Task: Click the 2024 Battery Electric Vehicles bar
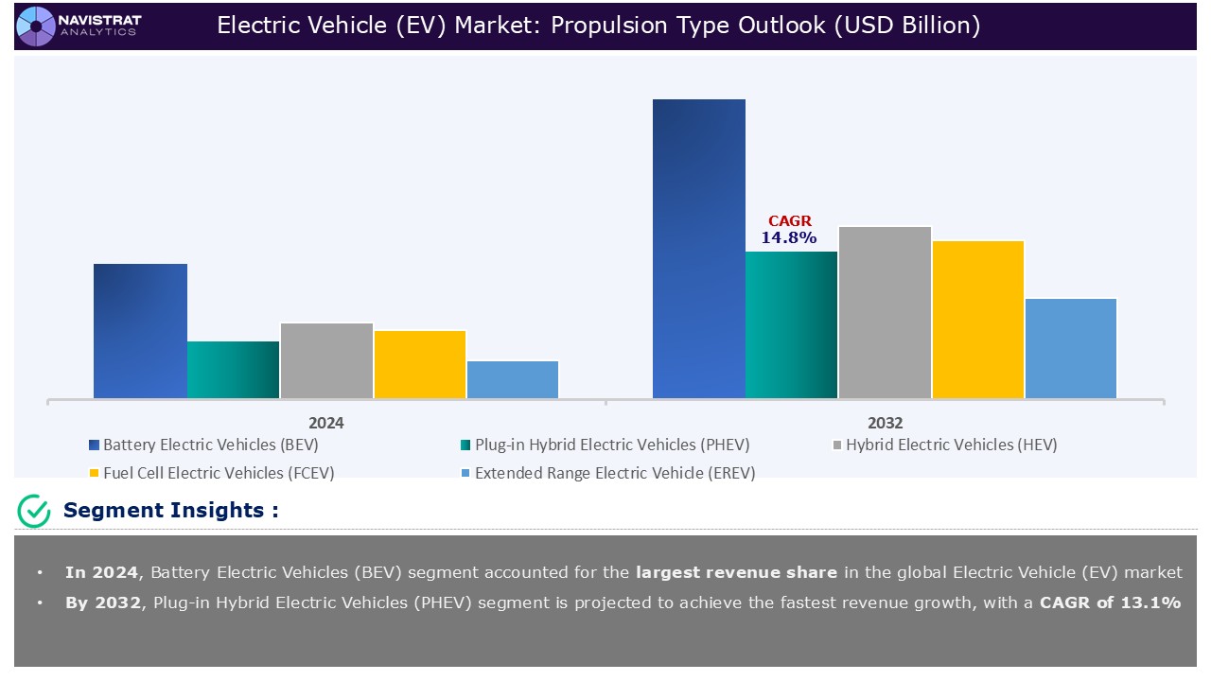click(140, 331)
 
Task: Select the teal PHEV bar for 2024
click(233, 370)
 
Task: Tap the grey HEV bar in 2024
click(326, 360)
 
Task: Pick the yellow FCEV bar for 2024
click(420, 364)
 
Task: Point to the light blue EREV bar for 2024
click(513, 379)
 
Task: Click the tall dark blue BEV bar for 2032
click(699, 249)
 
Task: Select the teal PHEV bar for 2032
click(792, 324)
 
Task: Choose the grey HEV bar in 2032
click(885, 312)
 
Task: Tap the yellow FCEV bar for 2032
click(978, 320)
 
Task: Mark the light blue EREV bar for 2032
click(1071, 348)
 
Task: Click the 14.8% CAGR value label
click(789, 238)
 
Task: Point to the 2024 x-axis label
click(326, 423)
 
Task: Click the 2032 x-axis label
click(885, 423)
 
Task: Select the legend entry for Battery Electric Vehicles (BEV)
click(202, 445)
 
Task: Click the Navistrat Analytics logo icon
click(36, 26)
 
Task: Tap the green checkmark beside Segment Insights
click(34, 511)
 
